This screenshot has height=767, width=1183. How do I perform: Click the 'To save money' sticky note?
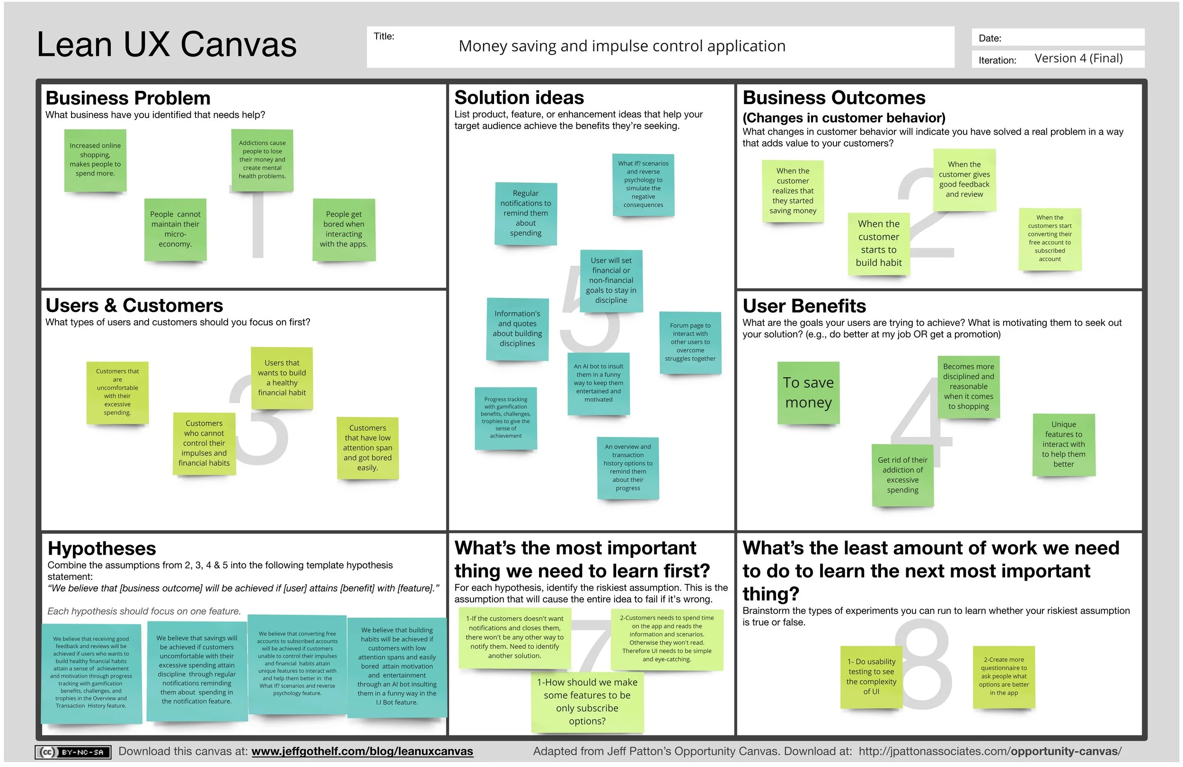point(808,392)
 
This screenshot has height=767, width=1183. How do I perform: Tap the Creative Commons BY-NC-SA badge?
point(73,752)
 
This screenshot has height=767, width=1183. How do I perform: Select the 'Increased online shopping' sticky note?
point(95,160)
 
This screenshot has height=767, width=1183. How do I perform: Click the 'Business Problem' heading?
point(128,98)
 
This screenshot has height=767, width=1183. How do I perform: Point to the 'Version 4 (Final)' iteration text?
point(1078,59)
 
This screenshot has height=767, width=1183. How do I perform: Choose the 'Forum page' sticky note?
point(690,342)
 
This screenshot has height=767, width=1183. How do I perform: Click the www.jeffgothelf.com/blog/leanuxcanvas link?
point(362,751)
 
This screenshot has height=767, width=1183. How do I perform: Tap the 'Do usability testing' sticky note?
point(871,677)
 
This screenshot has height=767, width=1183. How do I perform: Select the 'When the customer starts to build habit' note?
point(878,244)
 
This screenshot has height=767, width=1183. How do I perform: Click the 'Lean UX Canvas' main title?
point(167,45)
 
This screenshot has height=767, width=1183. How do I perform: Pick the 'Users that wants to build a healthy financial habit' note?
point(282,378)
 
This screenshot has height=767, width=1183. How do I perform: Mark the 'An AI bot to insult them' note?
point(599,383)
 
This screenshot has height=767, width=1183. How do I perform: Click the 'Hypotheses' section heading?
point(102,549)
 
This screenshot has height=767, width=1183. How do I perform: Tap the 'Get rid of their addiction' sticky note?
point(902,475)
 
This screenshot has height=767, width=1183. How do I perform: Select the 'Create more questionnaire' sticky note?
point(1004,676)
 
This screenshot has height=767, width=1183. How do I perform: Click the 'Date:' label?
point(989,38)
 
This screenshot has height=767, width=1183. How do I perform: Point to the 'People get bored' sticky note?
point(344,229)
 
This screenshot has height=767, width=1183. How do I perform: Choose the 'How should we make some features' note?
point(587,701)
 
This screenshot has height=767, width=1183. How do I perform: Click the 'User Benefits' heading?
point(804,305)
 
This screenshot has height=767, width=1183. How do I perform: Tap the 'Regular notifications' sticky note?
point(525,213)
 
